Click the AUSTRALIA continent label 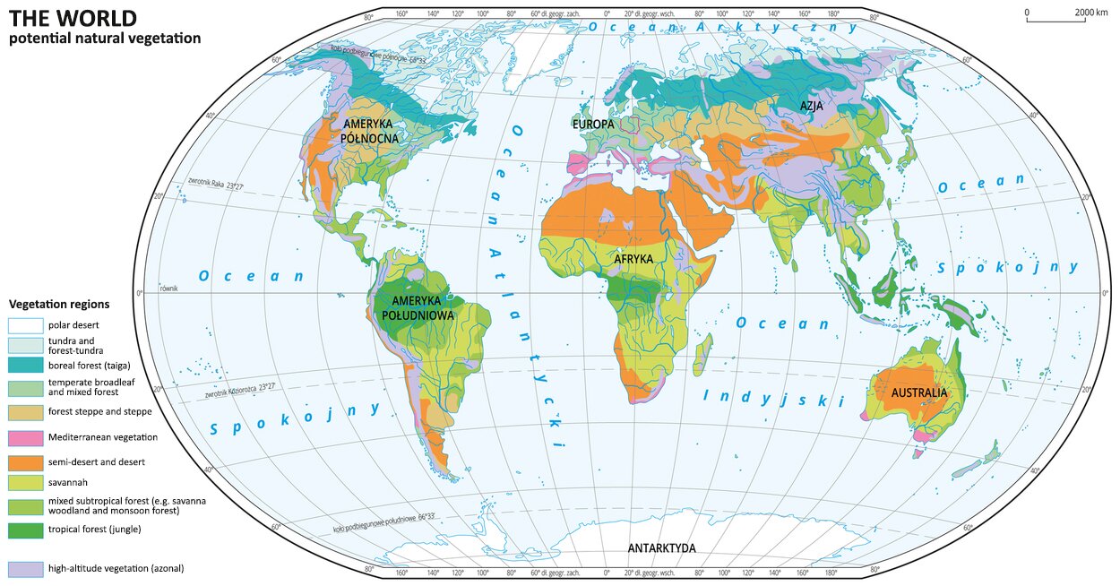[x=918, y=393]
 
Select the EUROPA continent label [x=593, y=123]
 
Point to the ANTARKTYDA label [x=661, y=548]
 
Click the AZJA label [x=813, y=106]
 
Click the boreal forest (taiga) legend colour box [x=25, y=365]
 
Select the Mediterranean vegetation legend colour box [x=25, y=437]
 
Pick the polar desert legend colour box [x=25, y=324]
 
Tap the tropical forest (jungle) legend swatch [x=25, y=530]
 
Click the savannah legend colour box [x=25, y=482]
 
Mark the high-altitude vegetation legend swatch [x=25, y=568]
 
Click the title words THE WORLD [x=60, y=17]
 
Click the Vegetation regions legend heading [x=58, y=305]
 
